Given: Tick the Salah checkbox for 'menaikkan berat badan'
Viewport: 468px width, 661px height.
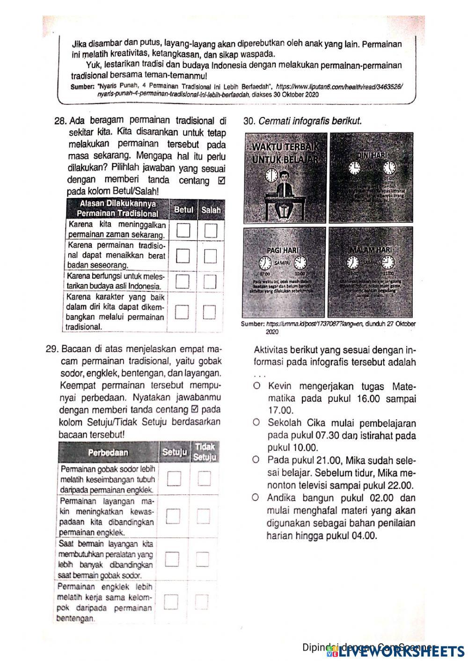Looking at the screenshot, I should click(x=211, y=255).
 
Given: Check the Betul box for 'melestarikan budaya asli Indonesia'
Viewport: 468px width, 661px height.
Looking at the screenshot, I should click(x=183, y=281).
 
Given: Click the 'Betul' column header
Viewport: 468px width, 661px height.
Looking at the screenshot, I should click(x=183, y=210).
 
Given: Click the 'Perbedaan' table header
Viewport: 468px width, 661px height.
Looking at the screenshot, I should click(x=108, y=453).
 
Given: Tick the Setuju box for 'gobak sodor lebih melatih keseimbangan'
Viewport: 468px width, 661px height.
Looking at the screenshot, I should click(x=174, y=478).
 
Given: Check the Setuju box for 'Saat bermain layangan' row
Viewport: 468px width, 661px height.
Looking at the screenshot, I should click(x=173, y=559).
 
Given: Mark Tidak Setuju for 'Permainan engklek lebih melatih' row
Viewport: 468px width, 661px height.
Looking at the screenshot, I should click(x=202, y=602).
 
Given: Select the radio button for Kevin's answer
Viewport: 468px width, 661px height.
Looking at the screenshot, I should click(x=256, y=386).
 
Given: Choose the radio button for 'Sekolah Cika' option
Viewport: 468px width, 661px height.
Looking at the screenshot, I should click(x=256, y=423).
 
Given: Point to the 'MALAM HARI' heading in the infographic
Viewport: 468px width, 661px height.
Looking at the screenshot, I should click(x=372, y=250).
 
